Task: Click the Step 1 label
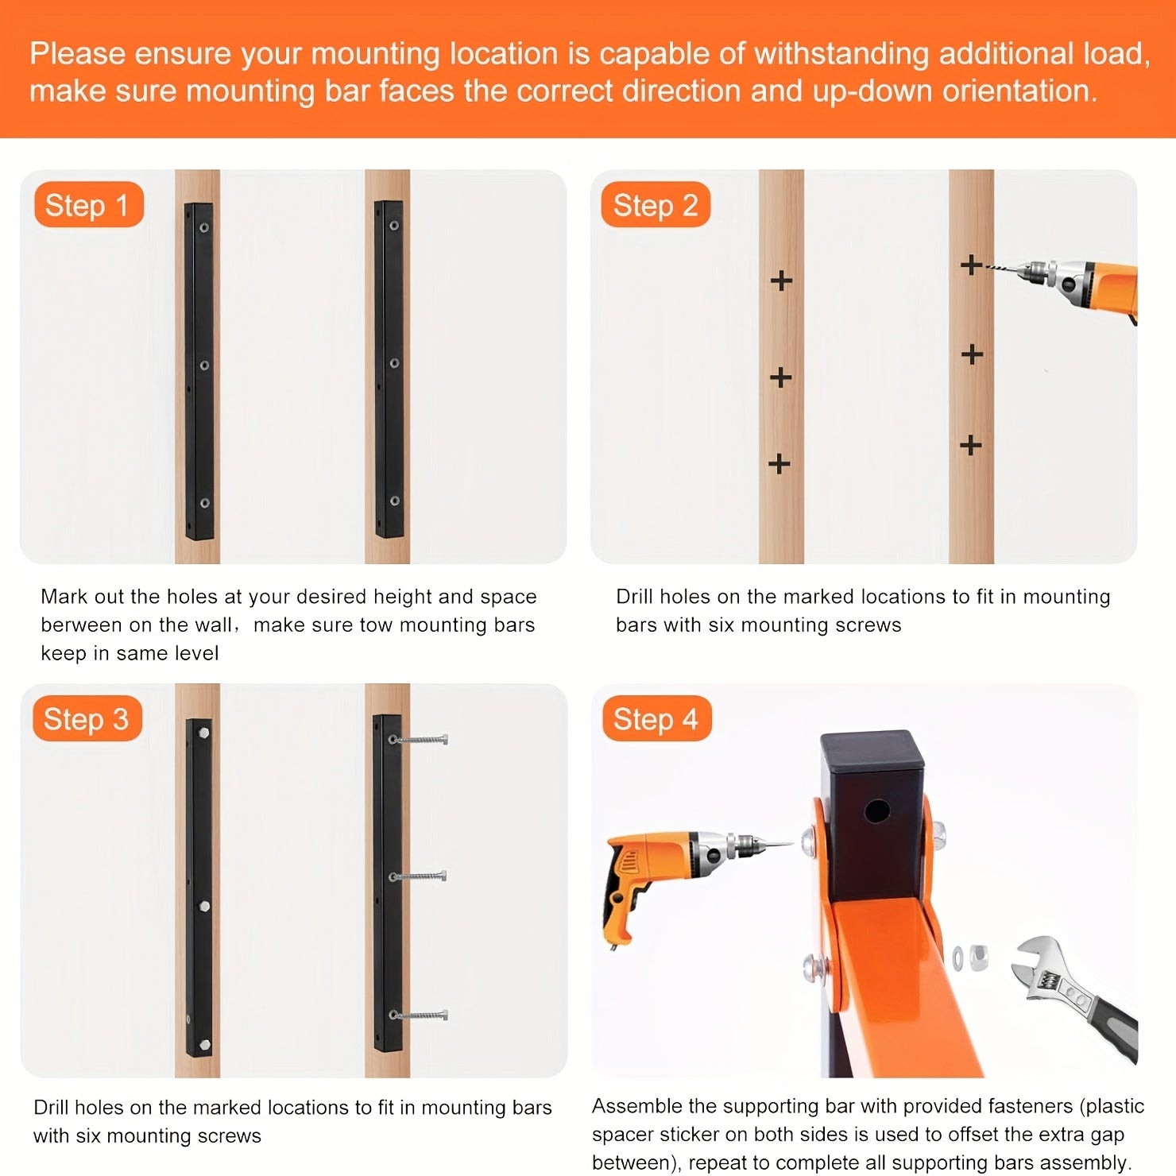[x=88, y=205]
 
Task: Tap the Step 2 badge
[x=656, y=205]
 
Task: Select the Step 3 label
[x=87, y=719]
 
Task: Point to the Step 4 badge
[x=656, y=719]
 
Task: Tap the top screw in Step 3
[x=419, y=740]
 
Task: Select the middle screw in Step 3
[x=419, y=876]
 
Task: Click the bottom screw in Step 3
[x=419, y=1015]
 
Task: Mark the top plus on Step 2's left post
[x=781, y=280]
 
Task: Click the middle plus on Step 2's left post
[x=780, y=376]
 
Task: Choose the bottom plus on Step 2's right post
[x=970, y=445]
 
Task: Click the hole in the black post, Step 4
[x=877, y=812]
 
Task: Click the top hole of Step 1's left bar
[x=204, y=227]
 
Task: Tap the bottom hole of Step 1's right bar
[x=394, y=501]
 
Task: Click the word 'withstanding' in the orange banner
[x=841, y=54]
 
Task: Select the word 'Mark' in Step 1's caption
[x=64, y=597]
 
